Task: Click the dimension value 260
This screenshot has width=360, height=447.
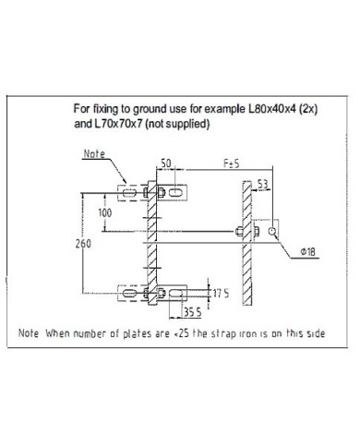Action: click(x=83, y=244)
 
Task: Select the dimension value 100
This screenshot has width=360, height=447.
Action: click(x=105, y=212)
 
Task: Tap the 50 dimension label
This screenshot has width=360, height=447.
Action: click(x=166, y=163)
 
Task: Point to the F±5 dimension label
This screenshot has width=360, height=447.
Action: click(x=231, y=163)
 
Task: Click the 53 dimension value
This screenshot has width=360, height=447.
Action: click(x=262, y=184)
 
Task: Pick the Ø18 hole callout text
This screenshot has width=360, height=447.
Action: click(x=307, y=252)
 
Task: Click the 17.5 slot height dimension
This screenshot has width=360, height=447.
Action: click(x=221, y=293)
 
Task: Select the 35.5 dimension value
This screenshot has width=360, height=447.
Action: click(x=193, y=312)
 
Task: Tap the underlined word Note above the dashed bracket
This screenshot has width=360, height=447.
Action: click(x=94, y=153)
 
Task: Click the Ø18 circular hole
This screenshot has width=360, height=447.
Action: click(x=271, y=231)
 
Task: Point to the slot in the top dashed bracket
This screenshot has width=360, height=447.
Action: click(x=129, y=193)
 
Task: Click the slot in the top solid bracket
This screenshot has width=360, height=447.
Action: click(x=174, y=192)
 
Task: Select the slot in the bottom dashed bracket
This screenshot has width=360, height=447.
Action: click(x=129, y=293)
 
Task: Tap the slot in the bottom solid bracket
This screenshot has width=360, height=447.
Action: click(x=175, y=293)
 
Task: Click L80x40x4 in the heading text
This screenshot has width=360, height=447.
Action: click(x=272, y=109)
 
